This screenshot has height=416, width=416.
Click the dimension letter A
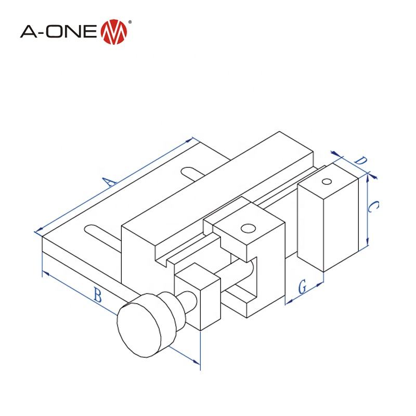pyautogui.click(x=108, y=181)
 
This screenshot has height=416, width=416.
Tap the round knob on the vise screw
pyautogui.click(x=139, y=328)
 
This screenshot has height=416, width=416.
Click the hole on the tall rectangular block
pyautogui.click(x=327, y=181)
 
